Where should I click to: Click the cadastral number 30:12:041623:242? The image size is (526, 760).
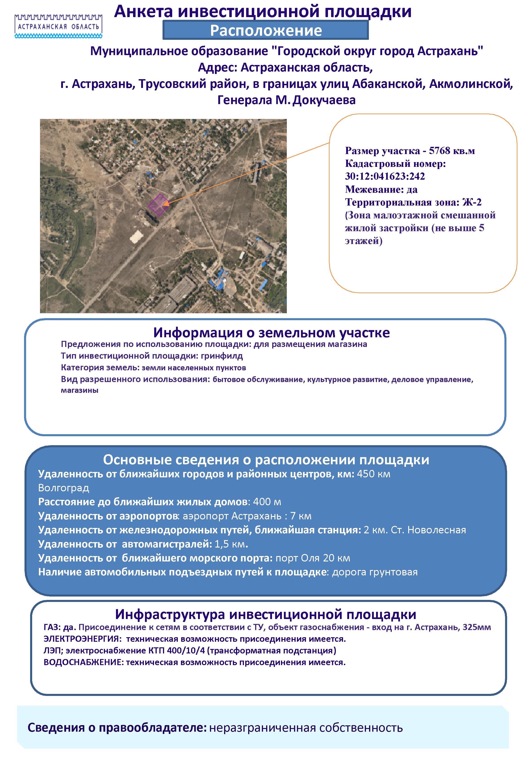click(x=385, y=176)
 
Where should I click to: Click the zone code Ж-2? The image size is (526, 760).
click(x=472, y=202)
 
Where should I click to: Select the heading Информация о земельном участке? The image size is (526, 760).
click(x=271, y=333)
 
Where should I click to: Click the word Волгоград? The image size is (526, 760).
click(x=64, y=487)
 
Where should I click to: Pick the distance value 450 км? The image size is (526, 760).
click(x=373, y=474)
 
